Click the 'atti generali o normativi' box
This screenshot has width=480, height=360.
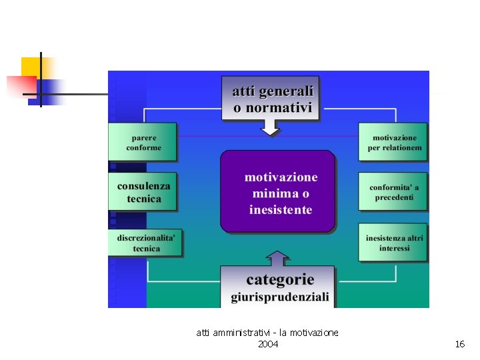[x=272, y=98]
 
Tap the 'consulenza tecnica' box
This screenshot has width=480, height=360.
[x=143, y=192]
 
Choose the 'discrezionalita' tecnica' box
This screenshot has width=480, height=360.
[x=145, y=243]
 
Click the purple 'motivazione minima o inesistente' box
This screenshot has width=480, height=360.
[x=278, y=192]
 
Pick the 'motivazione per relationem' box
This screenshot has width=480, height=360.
[x=393, y=142]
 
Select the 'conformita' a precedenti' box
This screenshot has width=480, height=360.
[x=393, y=192]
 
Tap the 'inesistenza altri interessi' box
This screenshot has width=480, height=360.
[x=393, y=242]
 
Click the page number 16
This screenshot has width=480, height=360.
[x=459, y=344]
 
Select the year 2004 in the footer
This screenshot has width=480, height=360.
[x=268, y=344]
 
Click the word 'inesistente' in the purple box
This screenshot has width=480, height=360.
[x=281, y=210]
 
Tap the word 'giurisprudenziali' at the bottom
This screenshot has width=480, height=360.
[x=280, y=297]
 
